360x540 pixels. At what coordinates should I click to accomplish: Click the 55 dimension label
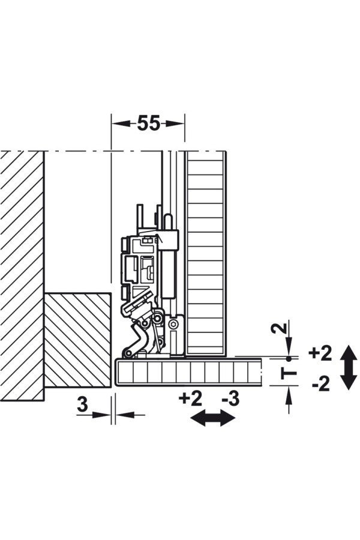click(149, 123)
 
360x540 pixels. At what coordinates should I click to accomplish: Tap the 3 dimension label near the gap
click(82, 404)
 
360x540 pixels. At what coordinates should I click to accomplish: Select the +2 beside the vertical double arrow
click(320, 353)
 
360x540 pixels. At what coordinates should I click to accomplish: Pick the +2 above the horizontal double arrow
click(191, 399)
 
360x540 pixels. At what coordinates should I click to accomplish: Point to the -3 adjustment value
click(230, 399)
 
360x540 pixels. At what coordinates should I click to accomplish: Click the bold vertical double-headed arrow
click(349, 367)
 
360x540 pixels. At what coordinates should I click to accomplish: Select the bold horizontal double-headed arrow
click(213, 418)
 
